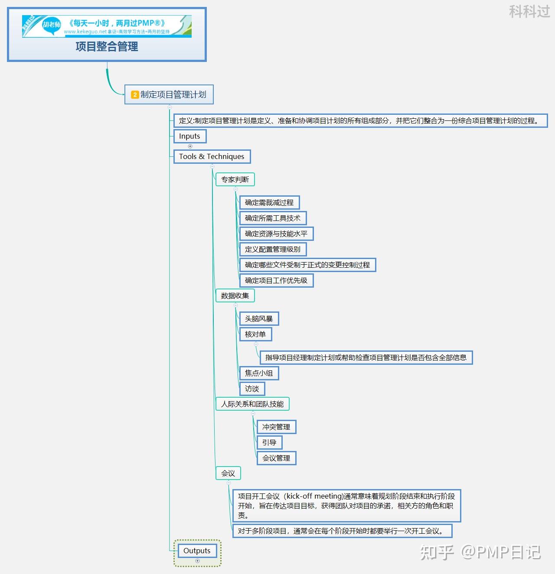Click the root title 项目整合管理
pyautogui.click(x=107, y=46)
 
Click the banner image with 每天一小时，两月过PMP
pyautogui.click(x=107, y=26)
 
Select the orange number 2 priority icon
pyautogui.click(x=135, y=94)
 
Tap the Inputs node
pyautogui.click(x=189, y=136)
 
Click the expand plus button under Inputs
pyautogui.click(x=190, y=146)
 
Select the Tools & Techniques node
pyautogui.click(x=212, y=156)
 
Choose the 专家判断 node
pyautogui.click(x=235, y=179)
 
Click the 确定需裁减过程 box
pyautogui.click(x=269, y=202)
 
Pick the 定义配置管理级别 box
pyautogui.click(x=272, y=249)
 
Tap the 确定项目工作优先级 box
pyautogui.click(x=276, y=280)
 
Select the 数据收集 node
pyautogui.click(x=235, y=295)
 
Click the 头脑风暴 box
pyautogui.click(x=258, y=319)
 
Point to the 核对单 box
pyautogui.click(x=255, y=334)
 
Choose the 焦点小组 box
pyautogui.click(x=258, y=373)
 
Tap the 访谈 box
pyautogui.click(x=251, y=389)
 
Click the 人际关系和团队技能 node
pyautogui.click(x=252, y=404)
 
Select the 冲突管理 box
pyautogui.click(x=276, y=427)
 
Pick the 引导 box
pyautogui.click(x=269, y=442)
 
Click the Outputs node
pyautogui.click(x=197, y=551)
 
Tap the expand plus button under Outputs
pyautogui.click(x=197, y=561)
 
